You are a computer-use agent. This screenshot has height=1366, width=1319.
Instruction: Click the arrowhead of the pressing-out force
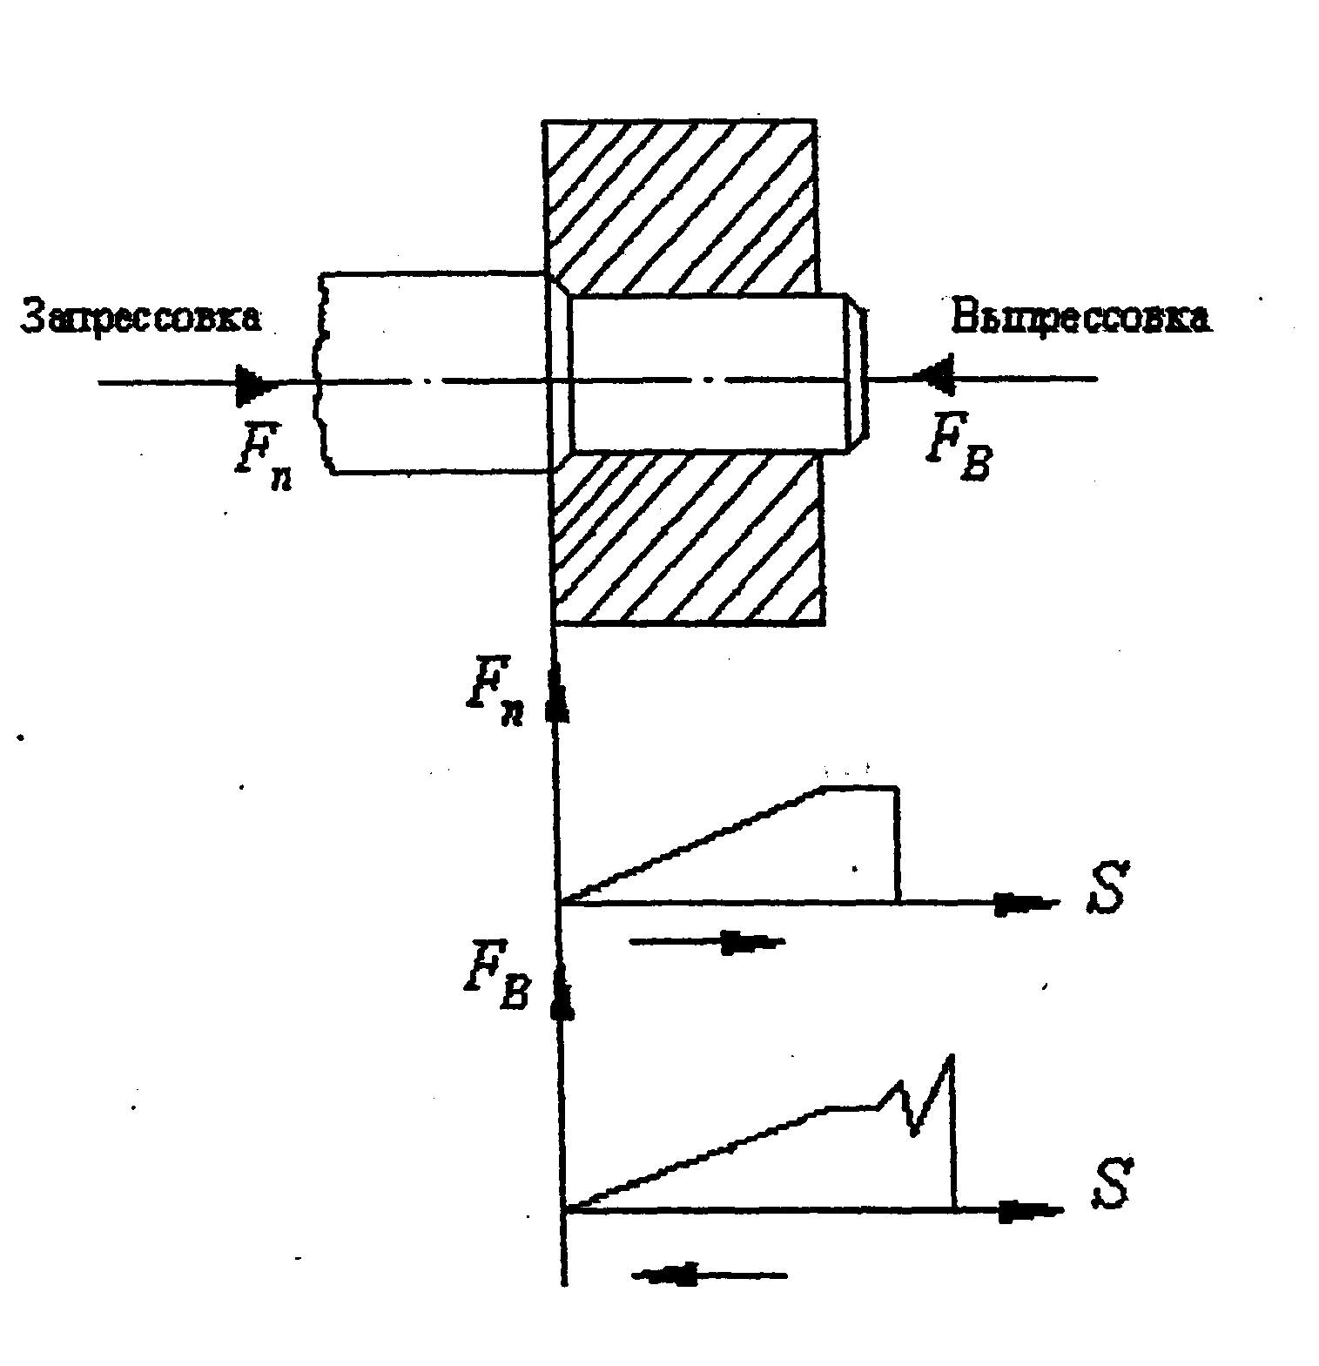(934, 379)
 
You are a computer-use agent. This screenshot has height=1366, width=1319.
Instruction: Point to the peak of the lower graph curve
(952, 1058)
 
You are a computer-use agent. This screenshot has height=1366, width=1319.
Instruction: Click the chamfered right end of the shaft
(858, 374)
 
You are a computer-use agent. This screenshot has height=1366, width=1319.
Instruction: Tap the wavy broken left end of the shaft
(324, 374)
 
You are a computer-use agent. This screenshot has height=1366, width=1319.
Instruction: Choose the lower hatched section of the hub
(688, 540)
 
